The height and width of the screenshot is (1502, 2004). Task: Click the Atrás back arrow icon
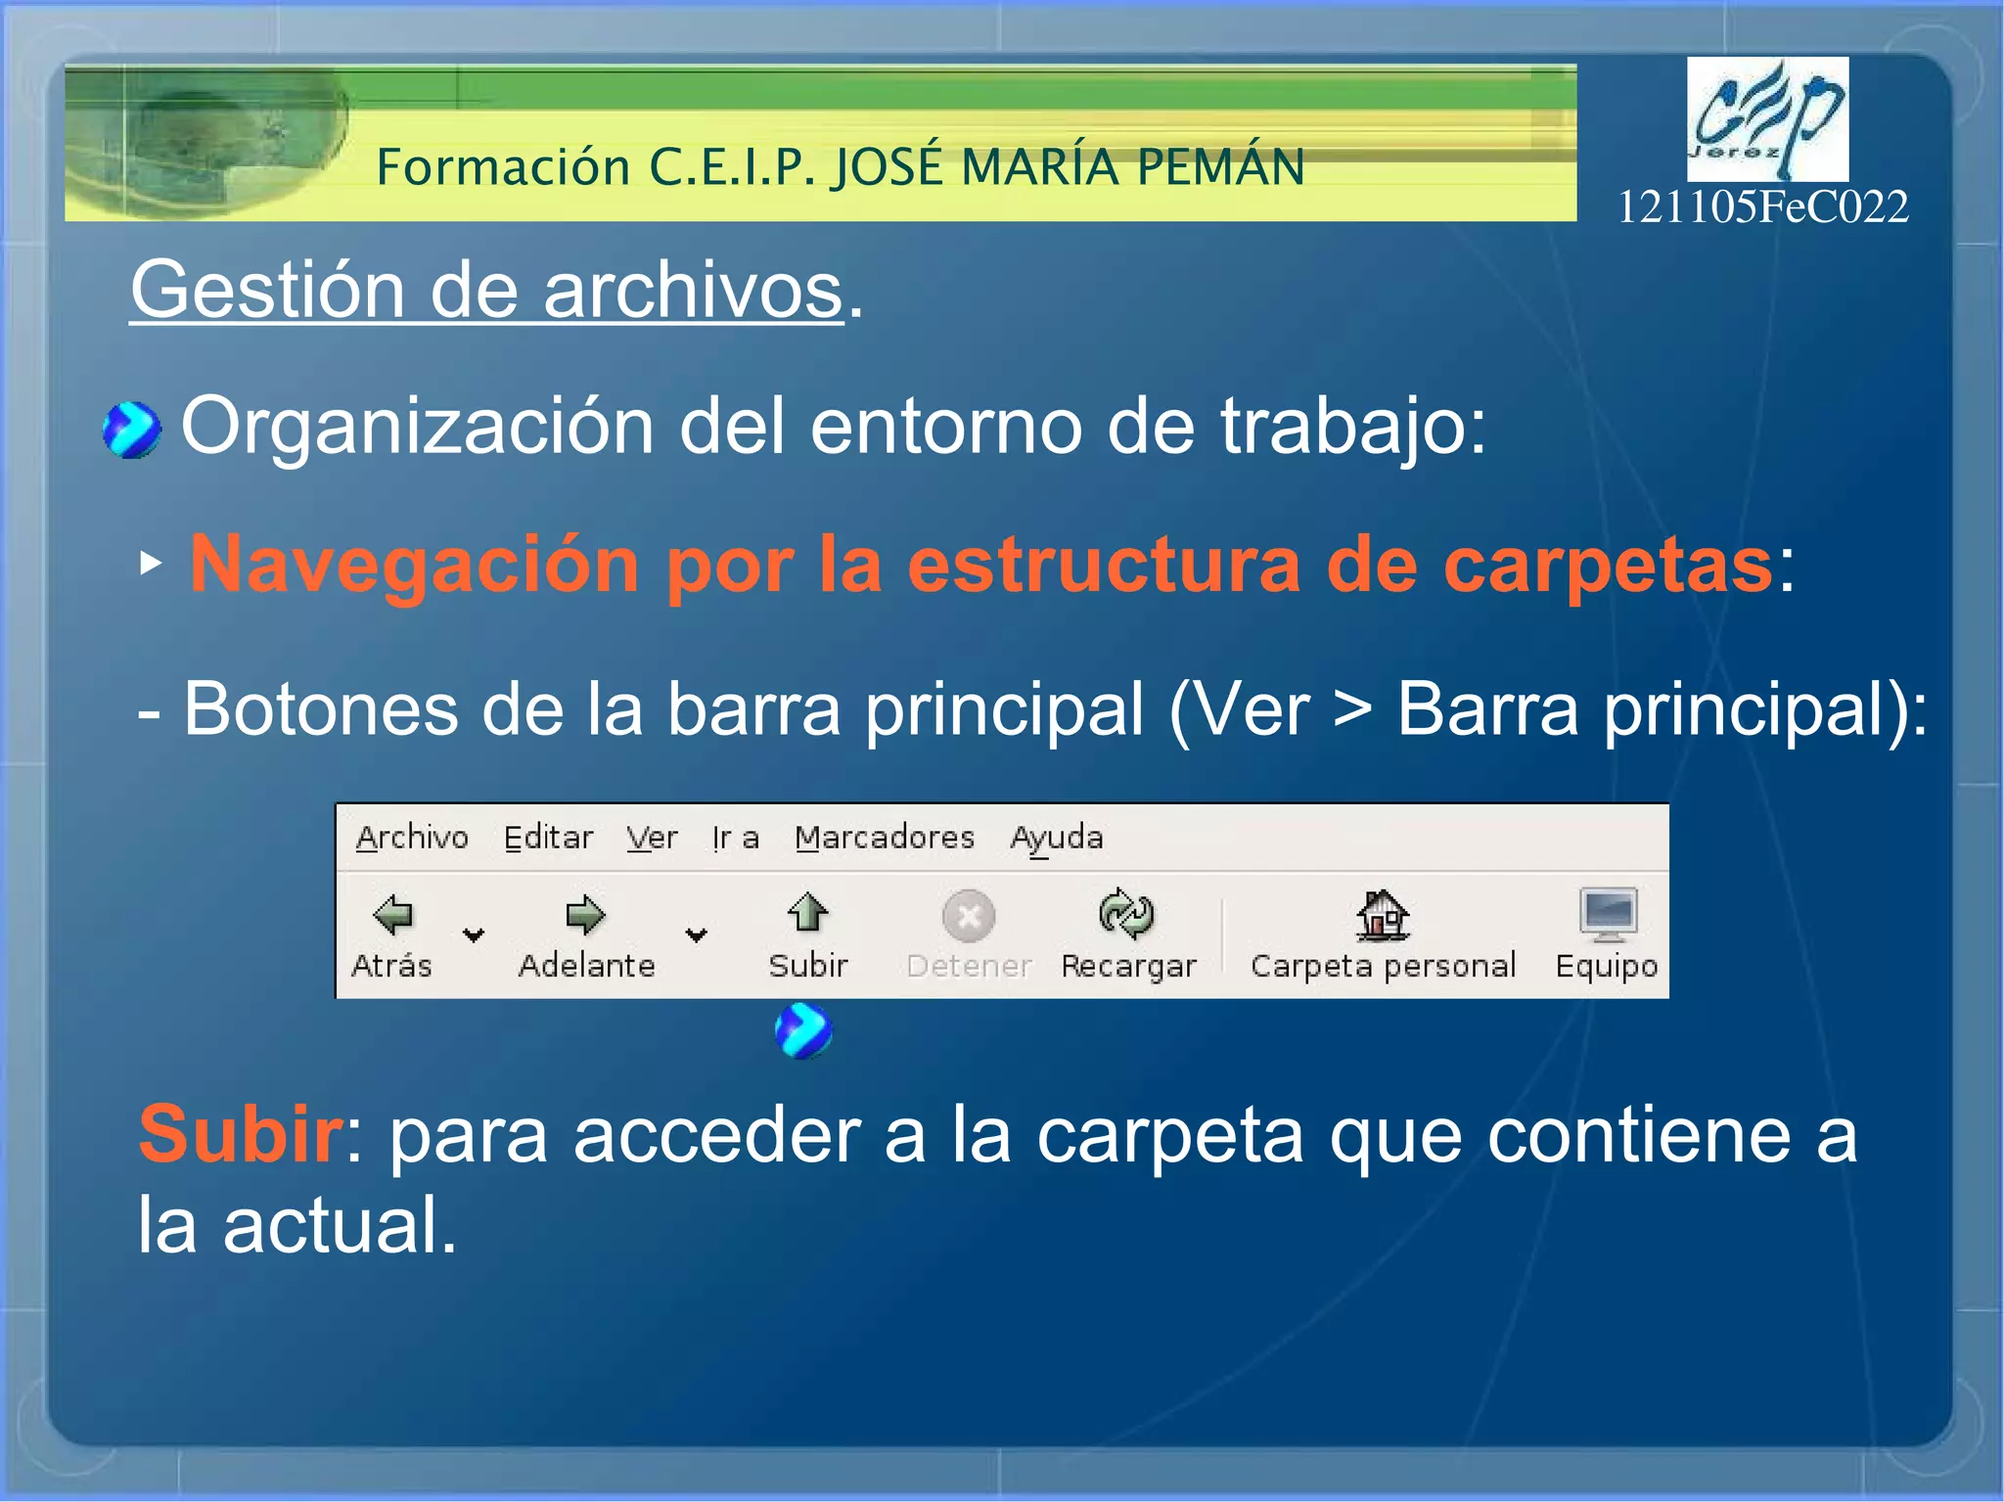point(393,915)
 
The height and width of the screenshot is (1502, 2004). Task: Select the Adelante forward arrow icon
point(585,915)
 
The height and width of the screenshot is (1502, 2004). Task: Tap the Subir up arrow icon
point(807,913)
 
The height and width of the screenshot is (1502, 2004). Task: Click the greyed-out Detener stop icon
point(969,916)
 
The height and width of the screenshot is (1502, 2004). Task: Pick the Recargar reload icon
point(1126,913)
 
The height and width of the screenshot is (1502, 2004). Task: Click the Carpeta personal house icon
point(1382,914)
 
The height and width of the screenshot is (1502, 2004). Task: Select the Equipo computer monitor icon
point(1607,913)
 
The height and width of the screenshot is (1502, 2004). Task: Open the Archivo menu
point(412,839)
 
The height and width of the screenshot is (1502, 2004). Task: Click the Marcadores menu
point(885,839)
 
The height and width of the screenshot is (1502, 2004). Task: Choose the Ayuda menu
point(1057,839)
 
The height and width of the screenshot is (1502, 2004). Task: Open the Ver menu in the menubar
point(652,839)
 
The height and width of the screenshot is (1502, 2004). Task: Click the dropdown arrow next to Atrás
point(474,935)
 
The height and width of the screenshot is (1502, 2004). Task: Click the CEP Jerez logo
point(1767,118)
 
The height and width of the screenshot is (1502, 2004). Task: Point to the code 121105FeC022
point(1762,207)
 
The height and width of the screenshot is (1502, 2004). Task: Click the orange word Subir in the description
point(239,1134)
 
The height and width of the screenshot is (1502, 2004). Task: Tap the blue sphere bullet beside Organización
point(131,430)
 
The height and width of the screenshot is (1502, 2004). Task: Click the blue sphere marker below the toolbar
point(803,1030)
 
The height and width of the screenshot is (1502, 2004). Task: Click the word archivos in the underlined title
point(693,291)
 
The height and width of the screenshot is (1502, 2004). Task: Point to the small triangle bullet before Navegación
point(150,563)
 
